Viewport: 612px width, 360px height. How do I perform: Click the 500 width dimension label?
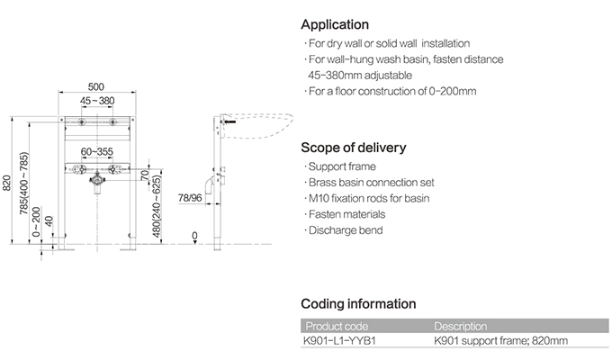point(96,86)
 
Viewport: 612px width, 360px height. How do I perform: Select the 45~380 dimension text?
point(97,101)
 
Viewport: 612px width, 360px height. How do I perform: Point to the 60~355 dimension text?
point(97,151)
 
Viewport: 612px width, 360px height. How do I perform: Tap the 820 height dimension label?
point(6,183)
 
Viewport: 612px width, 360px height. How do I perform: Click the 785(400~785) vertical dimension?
point(24,183)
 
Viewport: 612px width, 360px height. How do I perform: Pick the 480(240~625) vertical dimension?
point(157,206)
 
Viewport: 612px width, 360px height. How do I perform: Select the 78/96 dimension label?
point(190,198)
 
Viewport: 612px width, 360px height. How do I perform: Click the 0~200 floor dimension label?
point(36,221)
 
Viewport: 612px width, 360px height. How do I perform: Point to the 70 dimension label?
point(144,175)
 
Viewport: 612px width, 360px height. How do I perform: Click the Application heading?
point(335,24)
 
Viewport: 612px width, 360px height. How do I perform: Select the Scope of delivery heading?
point(354,148)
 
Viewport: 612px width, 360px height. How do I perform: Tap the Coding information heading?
point(358,304)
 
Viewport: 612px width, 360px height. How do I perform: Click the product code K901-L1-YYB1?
point(339,340)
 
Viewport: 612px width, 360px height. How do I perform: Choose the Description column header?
point(461,326)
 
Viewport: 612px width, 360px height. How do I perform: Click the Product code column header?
point(337,326)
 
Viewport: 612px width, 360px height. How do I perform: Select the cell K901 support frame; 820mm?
point(500,340)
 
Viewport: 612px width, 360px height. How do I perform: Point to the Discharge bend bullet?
point(344,230)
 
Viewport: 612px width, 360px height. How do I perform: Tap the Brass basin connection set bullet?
point(369,183)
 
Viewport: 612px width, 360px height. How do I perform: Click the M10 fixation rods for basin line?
point(367,198)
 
